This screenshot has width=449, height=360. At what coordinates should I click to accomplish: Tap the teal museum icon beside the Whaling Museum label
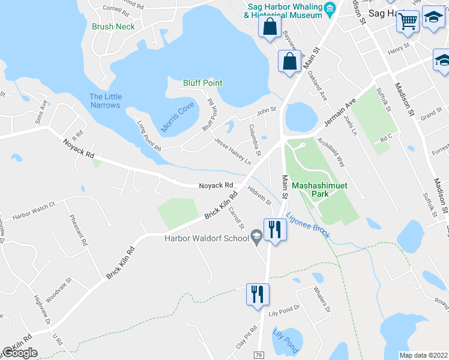pos(330,8)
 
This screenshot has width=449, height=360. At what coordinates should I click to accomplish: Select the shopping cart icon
pos(408,21)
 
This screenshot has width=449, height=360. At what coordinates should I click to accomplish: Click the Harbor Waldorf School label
pos(206,238)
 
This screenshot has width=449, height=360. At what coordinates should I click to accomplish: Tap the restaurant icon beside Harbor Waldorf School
pos(274,230)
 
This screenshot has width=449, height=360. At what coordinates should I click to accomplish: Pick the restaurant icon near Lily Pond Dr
pos(258,295)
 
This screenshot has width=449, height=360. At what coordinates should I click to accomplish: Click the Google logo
pos(20,353)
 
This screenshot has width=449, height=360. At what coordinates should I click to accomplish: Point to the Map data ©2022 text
pos(424,355)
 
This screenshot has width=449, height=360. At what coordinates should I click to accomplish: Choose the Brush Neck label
pos(113,26)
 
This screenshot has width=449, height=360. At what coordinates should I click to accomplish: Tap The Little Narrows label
pos(106,101)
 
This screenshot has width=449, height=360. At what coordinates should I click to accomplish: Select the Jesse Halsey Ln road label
pos(232,151)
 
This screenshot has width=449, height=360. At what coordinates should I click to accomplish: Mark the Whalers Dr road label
pos(322,299)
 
